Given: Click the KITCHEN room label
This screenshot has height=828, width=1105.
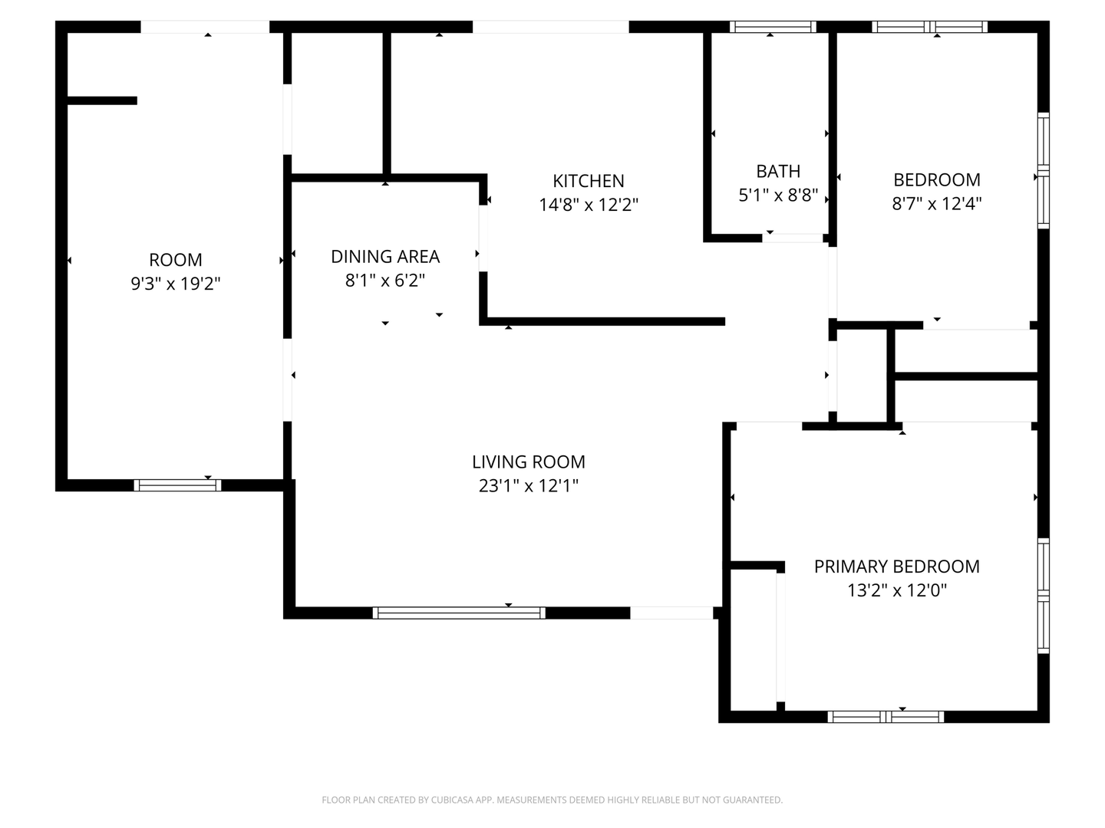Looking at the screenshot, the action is coord(588,181).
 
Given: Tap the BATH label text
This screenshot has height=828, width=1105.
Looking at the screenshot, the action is coord(778,172).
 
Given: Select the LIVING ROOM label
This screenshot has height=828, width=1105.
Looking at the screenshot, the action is coord(528,462).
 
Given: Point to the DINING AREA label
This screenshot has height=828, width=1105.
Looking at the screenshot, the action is coord(385,257).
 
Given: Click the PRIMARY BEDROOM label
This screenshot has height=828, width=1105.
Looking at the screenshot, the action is coord(896,567).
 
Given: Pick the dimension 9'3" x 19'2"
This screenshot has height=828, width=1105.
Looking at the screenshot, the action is coord(176,284).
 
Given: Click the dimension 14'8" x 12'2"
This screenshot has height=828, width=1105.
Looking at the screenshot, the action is coord(589,205).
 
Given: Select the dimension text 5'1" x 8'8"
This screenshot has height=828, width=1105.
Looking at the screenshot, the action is coord(778,195).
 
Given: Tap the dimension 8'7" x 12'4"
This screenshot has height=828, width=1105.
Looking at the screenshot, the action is coord(937,204).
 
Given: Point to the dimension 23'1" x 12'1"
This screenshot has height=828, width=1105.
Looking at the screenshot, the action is coord(528,486).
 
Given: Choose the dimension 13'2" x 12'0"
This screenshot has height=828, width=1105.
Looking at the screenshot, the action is coord(896,590).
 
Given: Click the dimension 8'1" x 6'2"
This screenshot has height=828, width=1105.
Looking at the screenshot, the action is coord(385,281).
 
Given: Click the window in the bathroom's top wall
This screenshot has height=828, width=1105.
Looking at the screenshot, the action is coord(773,27).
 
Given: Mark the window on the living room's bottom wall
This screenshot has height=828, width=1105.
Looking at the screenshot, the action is coord(459,613).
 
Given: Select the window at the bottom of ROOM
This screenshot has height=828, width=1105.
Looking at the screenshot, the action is coord(177,485).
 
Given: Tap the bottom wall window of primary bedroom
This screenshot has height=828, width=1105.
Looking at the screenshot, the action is coord(886,717).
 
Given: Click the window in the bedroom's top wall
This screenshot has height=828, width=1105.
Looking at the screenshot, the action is coord(929,27).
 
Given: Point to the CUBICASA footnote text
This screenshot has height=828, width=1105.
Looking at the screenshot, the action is coord(552,800).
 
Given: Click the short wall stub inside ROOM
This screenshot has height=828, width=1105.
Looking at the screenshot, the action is coord(102,100).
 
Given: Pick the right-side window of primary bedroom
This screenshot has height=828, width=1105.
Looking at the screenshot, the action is coord(1044,596).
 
